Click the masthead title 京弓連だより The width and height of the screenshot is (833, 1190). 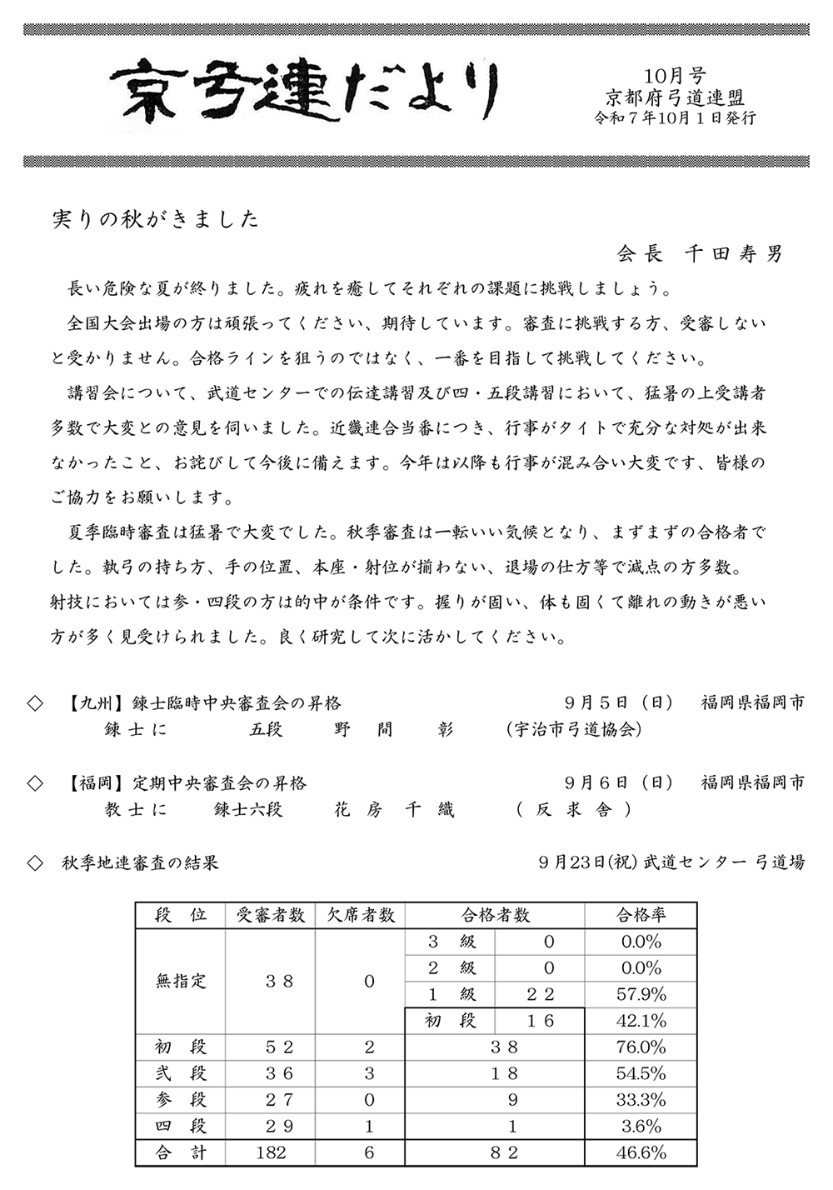pyautogui.click(x=305, y=92)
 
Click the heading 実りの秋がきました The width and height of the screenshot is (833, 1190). pyautogui.click(x=156, y=219)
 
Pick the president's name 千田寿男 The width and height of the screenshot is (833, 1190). pyautogui.click(x=734, y=254)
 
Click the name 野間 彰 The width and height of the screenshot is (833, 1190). pyautogui.click(x=394, y=730)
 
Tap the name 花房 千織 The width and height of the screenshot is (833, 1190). pyautogui.click(x=394, y=809)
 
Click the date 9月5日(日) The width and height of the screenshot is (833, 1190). pyautogui.click(x=618, y=703)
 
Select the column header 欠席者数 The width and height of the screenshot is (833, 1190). pyautogui.click(x=360, y=915)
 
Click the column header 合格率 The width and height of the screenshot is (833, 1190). pyautogui.click(x=641, y=915)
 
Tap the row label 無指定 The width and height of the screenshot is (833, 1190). pyautogui.click(x=181, y=981)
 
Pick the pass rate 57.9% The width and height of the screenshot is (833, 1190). pyautogui.click(x=641, y=994)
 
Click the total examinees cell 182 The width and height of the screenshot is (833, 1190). pyautogui.click(x=271, y=1152)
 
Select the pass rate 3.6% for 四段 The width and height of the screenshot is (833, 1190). pyautogui.click(x=641, y=1126)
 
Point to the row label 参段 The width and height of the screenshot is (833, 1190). pyautogui.click(x=181, y=1099)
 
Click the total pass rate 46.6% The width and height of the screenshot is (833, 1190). pyautogui.click(x=641, y=1152)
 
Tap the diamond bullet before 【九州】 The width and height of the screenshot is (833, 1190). pyautogui.click(x=35, y=703)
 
